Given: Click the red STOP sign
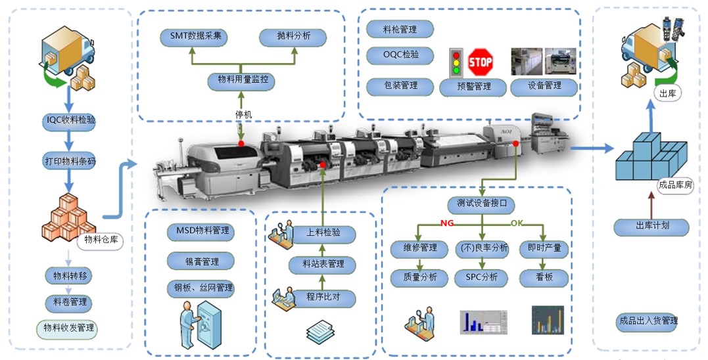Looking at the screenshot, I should click(x=480, y=62).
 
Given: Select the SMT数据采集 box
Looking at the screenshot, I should click(x=194, y=37).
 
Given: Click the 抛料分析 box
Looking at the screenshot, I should click(x=293, y=37).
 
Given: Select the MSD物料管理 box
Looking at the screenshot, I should click(x=202, y=231).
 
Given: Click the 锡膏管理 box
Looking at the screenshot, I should click(x=202, y=261).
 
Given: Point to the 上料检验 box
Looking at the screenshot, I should click(x=323, y=233).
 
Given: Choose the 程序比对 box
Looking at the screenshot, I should click(x=322, y=298).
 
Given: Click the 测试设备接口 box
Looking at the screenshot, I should click(x=481, y=203).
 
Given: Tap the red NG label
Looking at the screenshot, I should click(x=448, y=223).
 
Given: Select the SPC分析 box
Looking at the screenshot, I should click(x=482, y=277).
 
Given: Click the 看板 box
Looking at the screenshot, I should click(x=544, y=277).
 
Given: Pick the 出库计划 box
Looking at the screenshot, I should click(x=652, y=227).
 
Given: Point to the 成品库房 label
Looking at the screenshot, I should click(x=675, y=185).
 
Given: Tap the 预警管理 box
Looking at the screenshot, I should click(x=473, y=86).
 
